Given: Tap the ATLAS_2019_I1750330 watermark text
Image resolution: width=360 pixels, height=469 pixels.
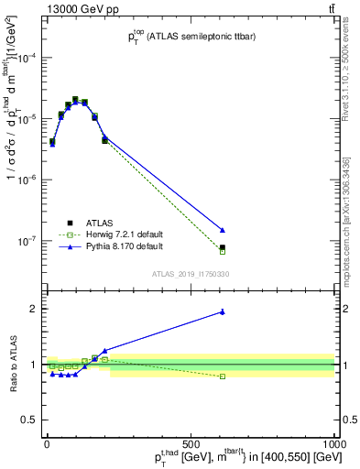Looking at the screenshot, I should (191, 274).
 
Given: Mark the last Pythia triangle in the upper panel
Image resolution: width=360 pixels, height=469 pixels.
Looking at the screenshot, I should (223, 230).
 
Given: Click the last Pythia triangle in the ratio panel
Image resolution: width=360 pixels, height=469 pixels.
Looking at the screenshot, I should (223, 311).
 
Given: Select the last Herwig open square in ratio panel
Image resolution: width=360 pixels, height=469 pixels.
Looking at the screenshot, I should (223, 376).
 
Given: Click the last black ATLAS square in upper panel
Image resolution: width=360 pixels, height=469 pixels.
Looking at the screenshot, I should (223, 247).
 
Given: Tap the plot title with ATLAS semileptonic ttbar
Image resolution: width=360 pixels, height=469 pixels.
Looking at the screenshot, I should (191, 38).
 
